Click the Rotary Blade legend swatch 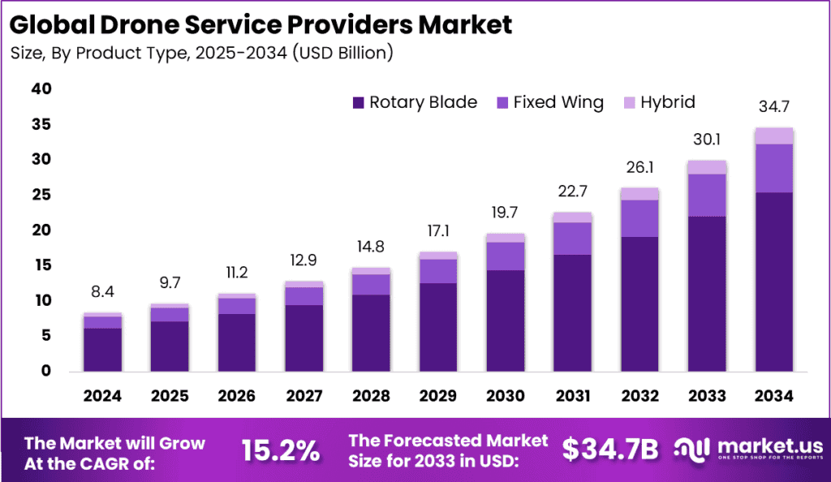[x=358, y=103]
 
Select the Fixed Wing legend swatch [x=502, y=103]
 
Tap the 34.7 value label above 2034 [x=773, y=106]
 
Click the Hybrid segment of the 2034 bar [x=773, y=136]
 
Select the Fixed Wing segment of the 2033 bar [x=707, y=195]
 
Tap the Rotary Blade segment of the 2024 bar [x=102, y=349]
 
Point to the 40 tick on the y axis [x=40, y=89]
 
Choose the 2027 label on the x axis [x=305, y=396]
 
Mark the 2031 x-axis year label [x=574, y=396]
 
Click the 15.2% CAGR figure [x=281, y=450]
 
